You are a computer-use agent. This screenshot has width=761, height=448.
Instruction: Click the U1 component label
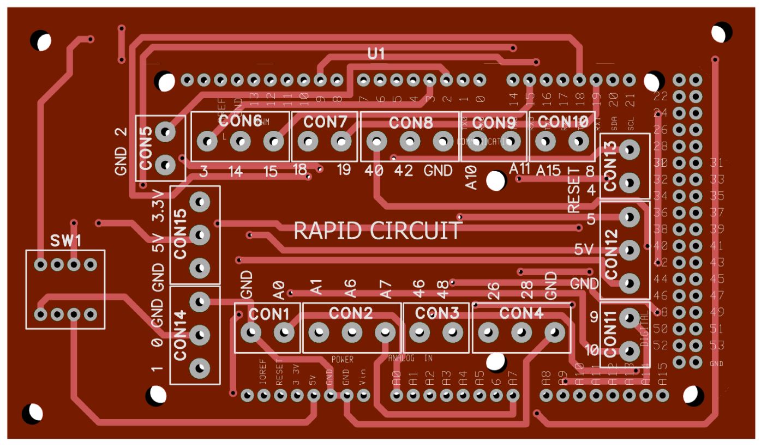pos(376,53)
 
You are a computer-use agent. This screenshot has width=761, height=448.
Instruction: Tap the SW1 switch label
pos(65,240)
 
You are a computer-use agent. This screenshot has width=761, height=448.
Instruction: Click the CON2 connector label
pos(351,313)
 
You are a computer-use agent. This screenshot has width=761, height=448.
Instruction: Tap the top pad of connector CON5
pos(165,131)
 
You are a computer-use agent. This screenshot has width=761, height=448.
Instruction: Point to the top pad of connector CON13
pos(630,149)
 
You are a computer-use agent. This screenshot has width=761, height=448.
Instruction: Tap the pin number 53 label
pos(717,345)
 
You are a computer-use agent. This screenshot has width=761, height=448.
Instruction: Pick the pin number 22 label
pos(661,96)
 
